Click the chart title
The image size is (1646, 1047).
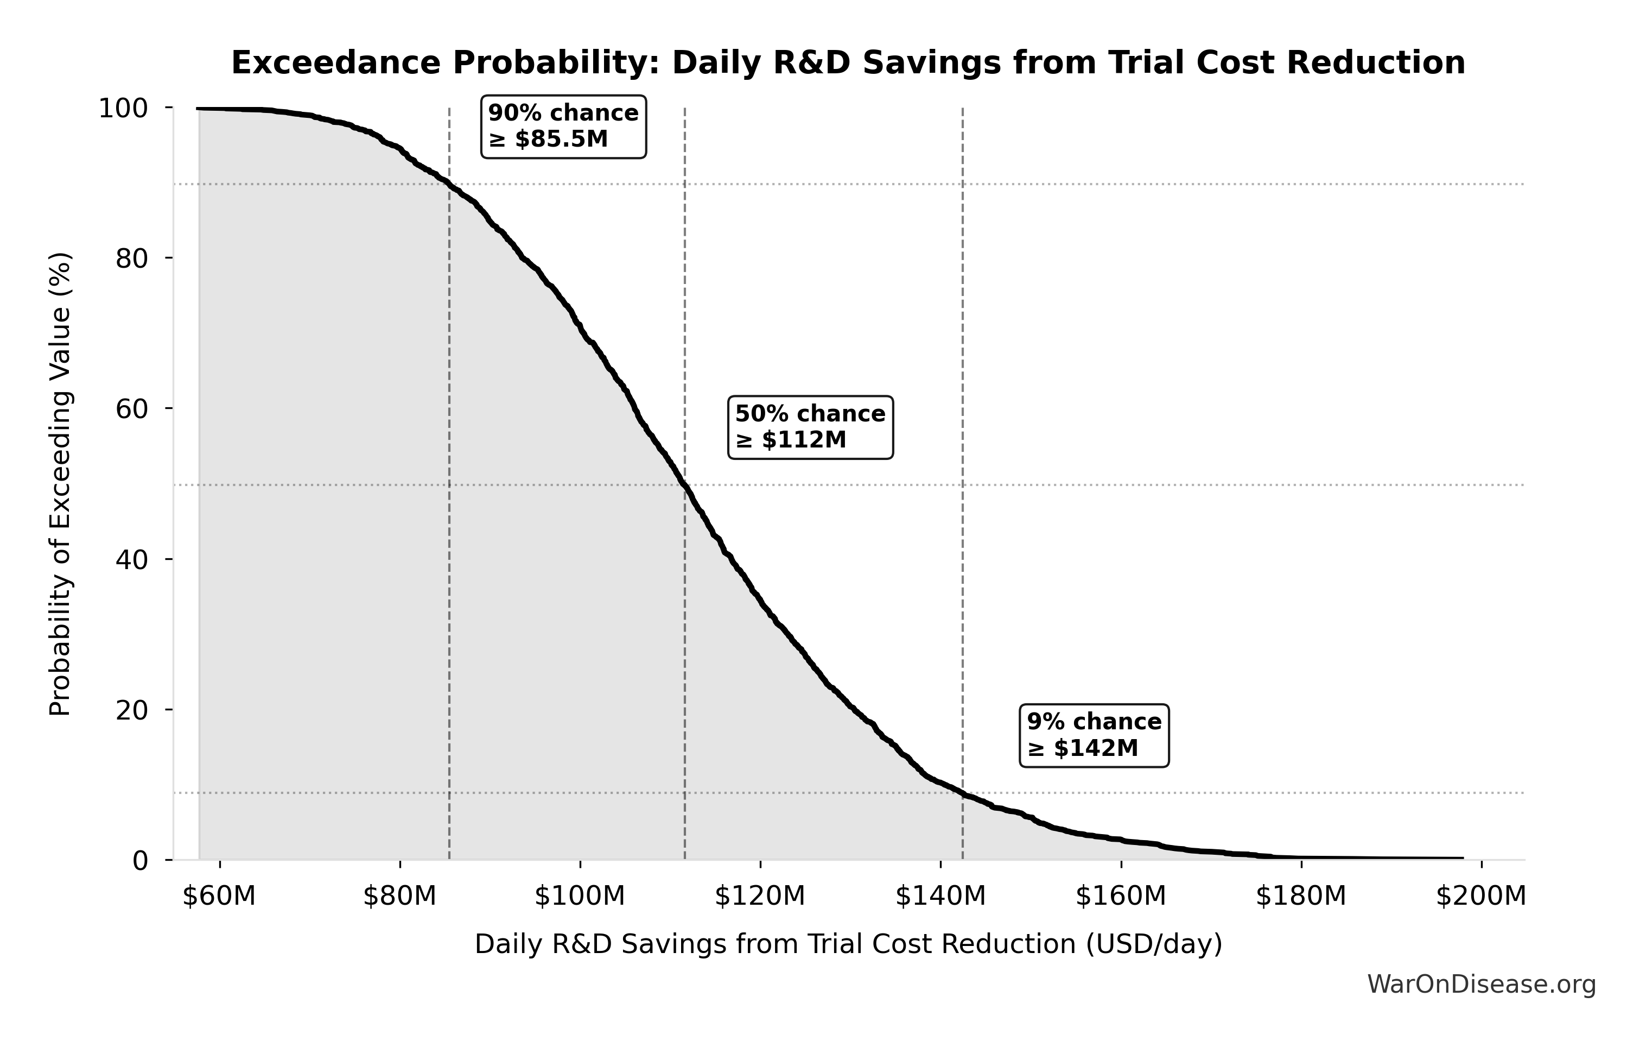pos(848,63)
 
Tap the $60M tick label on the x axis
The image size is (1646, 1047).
pos(219,896)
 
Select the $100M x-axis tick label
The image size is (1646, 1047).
pos(580,896)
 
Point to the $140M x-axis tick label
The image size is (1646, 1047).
pos(940,896)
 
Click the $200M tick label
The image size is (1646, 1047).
pos(1480,896)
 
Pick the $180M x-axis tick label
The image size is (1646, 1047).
pos(1301,896)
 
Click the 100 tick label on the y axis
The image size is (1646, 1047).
pos(123,108)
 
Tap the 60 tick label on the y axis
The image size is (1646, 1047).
pos(131,409)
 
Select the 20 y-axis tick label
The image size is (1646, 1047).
pos(131,710)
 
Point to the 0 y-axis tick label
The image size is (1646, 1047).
pos(140,860)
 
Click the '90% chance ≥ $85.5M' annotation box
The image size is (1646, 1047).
pos(563,127)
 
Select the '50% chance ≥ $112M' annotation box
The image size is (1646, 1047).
pos(810,427)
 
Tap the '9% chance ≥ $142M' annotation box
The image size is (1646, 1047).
pos(1094,735)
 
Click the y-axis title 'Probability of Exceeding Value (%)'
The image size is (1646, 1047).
pos(60,484)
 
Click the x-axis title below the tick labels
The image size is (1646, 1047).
pos(848,944)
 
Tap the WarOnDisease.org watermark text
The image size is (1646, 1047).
pos(1481,985)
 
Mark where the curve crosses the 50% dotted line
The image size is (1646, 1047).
pos(684,485)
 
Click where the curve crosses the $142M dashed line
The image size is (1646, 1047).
pos(962,793)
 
